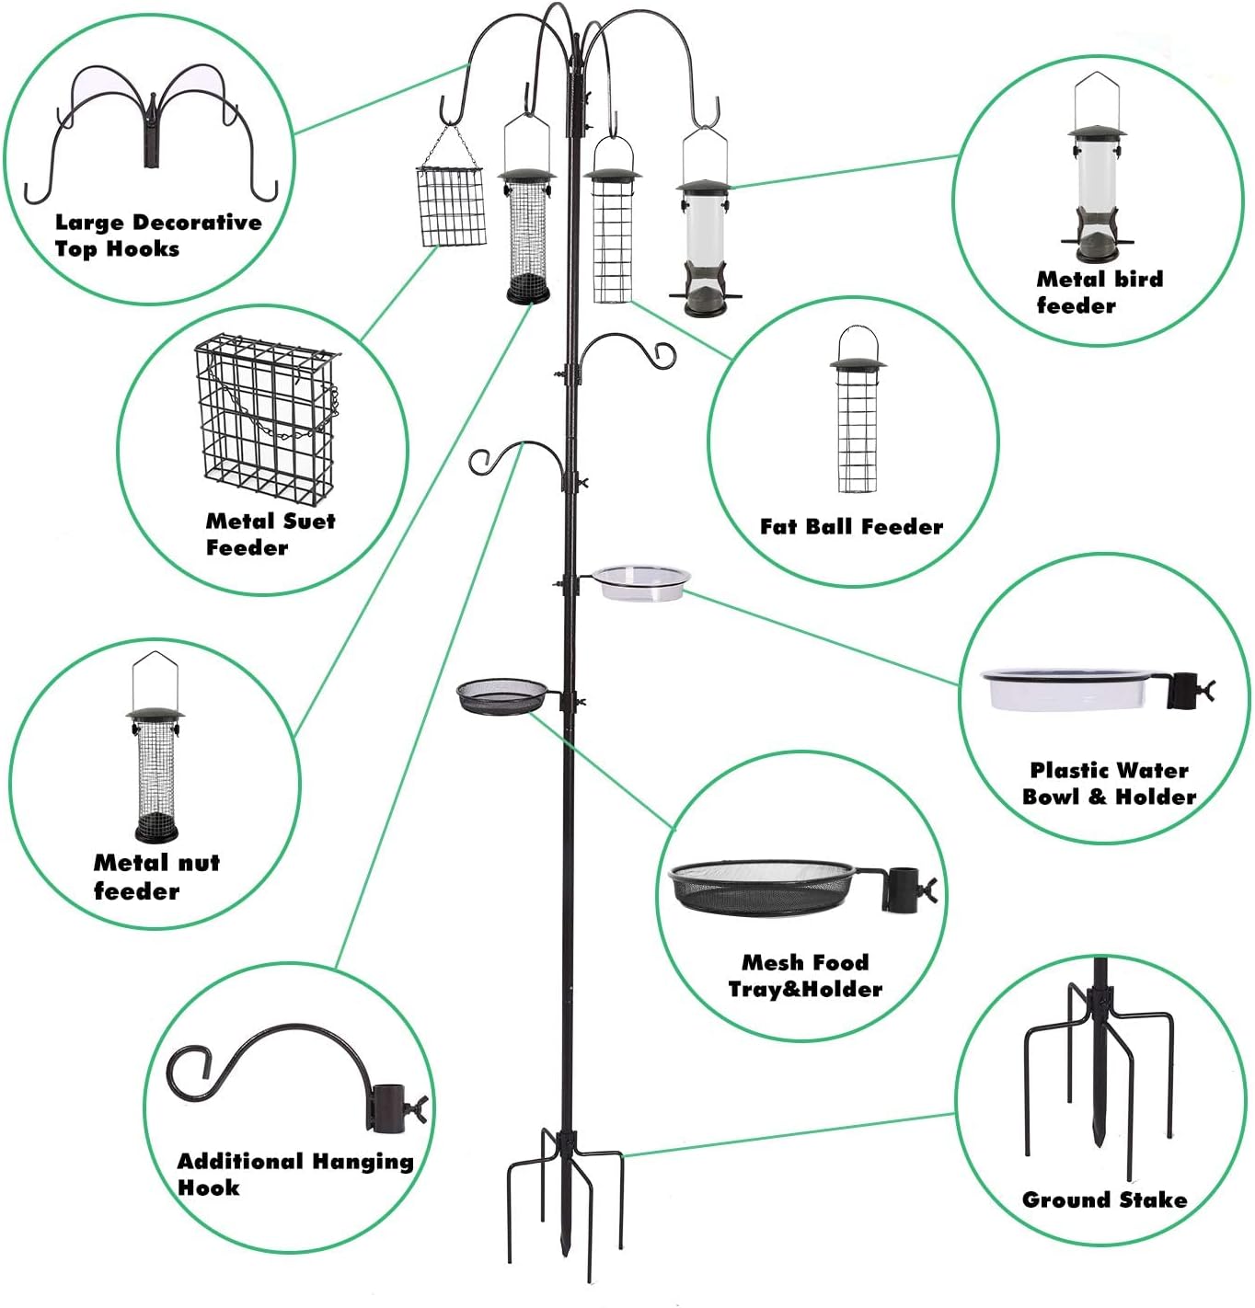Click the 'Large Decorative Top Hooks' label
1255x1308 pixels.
[157, 235]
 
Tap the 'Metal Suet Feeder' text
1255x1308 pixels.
[270, 534]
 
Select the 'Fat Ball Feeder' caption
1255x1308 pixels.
[851, 527]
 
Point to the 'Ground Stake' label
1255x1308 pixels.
[1104, 1199]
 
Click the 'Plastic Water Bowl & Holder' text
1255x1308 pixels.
[1109, 784]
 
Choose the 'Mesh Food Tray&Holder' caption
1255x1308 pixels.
[805, 976]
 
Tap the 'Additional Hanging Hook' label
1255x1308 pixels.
[294, 1174]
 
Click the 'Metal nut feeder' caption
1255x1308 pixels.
[156, 877]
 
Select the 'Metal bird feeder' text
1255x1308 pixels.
[1100, 292]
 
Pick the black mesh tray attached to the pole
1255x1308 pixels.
[502, 695]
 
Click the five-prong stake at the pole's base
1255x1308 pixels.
[564, 1196]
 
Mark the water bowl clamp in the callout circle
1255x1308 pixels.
[1187, 691]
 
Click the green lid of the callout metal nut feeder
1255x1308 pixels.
[155, 715]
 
